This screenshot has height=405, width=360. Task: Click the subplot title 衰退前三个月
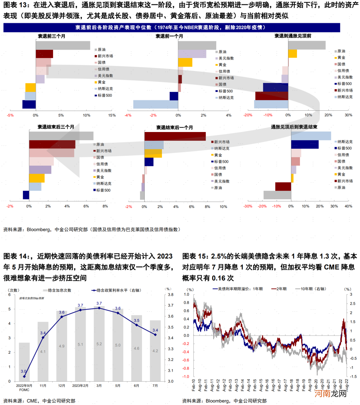pyautogui.click(x=51, y=36)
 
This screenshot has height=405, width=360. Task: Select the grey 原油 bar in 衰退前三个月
pyautogui.click(x=63, y=45)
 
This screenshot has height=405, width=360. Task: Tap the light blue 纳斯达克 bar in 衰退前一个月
pyautogui.click(x=156, y=104)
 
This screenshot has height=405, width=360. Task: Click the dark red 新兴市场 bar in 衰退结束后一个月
pyautogui.click(x=175, y=136)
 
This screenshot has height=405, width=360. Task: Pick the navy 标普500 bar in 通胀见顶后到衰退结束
pyautogui.click(x=305, y=144)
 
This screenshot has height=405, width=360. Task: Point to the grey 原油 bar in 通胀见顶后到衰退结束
pyautogui.click(x=277, y=195)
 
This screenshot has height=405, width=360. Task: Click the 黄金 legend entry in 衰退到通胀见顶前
pyautogui.click(x=341, y=58)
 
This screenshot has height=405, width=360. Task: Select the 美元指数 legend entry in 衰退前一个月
pyautogui.click(x=226, y=58)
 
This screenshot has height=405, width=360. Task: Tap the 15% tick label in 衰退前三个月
pyautogui.click(x=112, y=115)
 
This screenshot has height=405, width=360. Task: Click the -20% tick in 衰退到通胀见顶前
pyautogui.click(x=248, y=115)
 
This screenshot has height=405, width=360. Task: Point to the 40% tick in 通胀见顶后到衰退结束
pyautogui.click(x=348, y=206)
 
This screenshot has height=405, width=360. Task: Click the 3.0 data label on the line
pyautogui.click(x=23, y=371)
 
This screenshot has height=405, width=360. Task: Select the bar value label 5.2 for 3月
pyautogui.click(x=99, y=344)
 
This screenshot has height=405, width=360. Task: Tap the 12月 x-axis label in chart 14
pyautogui.click(x=62, y=386)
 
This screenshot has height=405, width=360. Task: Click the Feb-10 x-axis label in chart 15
pyautogui.click(x=194, y=385)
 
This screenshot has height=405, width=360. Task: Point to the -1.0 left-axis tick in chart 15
pyautogui.click(x=186, y=377)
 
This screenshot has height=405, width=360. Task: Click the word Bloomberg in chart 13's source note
pyautogui.click(x=38, y=229)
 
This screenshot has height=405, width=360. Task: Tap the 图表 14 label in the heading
pyautogui.click(x=15, y=256)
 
